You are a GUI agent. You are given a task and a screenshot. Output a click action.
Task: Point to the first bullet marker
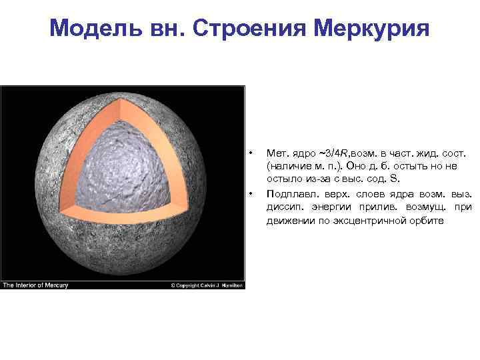click(x=250, y=153)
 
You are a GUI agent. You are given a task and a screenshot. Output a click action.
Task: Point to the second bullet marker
click(x=250, y=194)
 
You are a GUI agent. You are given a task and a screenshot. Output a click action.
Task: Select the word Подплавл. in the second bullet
click(x=289, y=194)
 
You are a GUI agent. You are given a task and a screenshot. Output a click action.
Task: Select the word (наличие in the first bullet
click(x=286, y=167)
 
